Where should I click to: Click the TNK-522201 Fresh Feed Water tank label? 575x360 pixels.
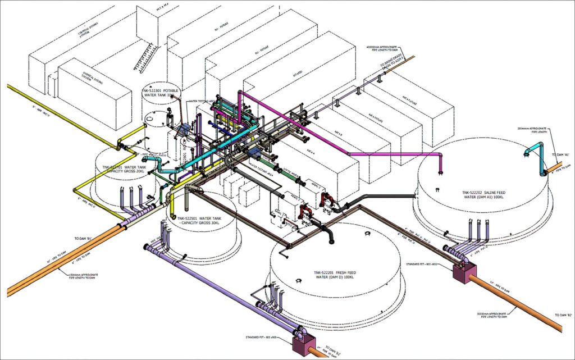335,275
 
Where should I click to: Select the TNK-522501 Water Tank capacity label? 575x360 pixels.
201,220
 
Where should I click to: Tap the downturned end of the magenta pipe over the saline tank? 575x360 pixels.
439,169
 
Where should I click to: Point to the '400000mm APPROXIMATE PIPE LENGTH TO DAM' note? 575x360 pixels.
382,49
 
